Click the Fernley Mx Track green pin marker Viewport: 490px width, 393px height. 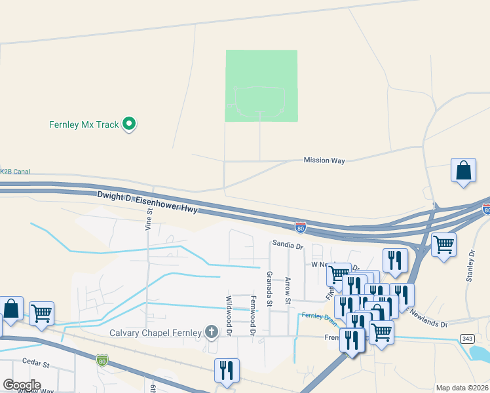pos(130,123)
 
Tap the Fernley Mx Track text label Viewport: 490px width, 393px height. pos(85,124)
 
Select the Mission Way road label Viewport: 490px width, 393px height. pos(324,160)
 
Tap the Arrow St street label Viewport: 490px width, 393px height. pos(288,291)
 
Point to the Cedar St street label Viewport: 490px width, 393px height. pos(35,364)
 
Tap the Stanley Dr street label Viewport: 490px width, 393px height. pos(470,266)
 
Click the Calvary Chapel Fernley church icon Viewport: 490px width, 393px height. pos(211,332)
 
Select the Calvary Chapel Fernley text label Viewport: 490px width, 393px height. pos(155,333)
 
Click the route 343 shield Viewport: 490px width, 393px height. pos(464,338)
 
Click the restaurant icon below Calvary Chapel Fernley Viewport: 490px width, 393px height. pos(226,370)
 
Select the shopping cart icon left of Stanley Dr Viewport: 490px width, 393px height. pos(443,246)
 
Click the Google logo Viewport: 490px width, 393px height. pos(22,384)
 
